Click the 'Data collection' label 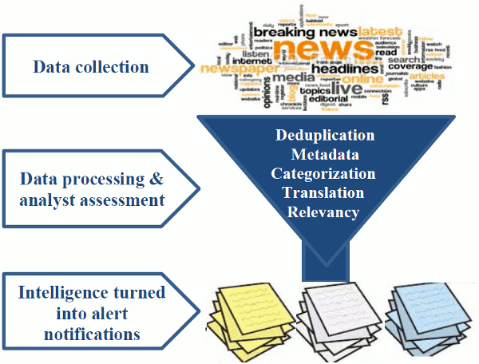[x=90, y=65]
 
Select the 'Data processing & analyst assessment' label [x=92, y=188]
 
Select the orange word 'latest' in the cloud [x=379, y=31]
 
